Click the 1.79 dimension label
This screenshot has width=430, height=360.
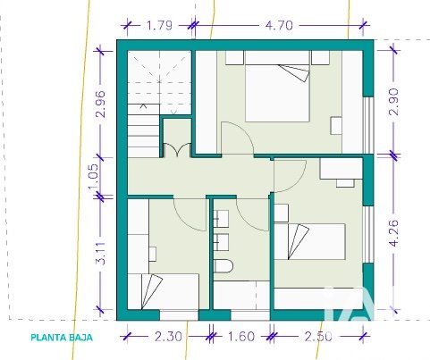(159, 25)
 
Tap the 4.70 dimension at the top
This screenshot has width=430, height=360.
(279, 25)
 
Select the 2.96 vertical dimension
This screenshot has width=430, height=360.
(101, 105)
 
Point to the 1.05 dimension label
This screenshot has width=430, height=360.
(93, 177)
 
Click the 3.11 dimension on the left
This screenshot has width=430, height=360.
(101, 254)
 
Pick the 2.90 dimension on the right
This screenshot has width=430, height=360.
(393, 102)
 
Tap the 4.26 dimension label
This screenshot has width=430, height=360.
(393, 233)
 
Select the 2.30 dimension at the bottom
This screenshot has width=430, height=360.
(168, 337)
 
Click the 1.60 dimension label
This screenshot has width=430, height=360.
(240, 337)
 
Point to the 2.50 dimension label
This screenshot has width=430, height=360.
(318, 337)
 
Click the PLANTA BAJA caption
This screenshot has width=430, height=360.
(62, 338)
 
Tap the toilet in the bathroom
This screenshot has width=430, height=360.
(223, 266)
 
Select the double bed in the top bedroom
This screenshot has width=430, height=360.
(277, 86)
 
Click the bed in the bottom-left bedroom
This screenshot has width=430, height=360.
(164, 291)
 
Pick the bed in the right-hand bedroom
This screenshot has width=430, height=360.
(309, 242)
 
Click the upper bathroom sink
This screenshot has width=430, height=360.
(221, 219)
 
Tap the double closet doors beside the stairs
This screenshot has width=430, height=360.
(177, 150)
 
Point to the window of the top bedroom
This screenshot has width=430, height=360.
(368, 125)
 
